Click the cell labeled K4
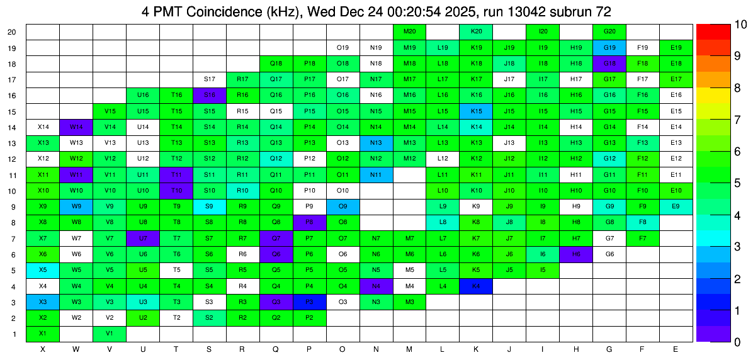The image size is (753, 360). pos(476,286)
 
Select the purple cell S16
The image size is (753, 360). pos(210,94)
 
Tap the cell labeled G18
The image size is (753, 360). pos(609,63)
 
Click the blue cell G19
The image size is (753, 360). pos(609,47)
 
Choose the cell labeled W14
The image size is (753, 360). pos(76,127)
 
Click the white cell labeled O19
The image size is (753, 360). pos(343,47)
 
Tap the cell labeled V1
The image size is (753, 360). pos(110,334)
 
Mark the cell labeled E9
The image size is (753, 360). pos(676,206)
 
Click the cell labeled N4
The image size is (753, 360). pos(376,286)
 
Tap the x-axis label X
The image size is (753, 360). pos(43,349)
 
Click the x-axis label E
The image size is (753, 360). pos(676,349)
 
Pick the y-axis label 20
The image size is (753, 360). pos(13,31)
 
